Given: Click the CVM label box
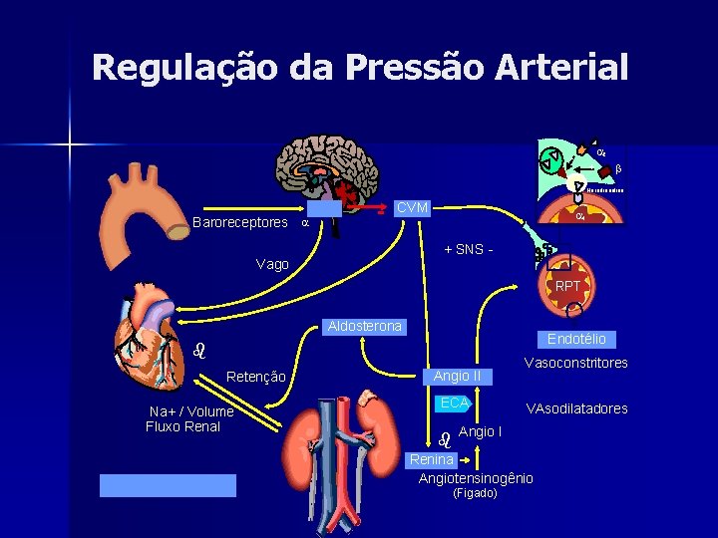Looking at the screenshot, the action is coord(412,208).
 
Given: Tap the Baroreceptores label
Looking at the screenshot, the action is coord(239,222).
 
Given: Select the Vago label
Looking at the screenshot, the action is coord(272,264).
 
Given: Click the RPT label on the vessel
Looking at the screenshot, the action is coord(567,286).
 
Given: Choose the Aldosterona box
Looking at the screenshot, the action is coord(362,327).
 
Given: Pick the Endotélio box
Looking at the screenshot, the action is coord(576,339).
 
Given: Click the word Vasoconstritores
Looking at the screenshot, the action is coord(576,363).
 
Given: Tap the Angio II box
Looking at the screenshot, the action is coord(457,376).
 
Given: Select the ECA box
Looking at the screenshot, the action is coord(454,403).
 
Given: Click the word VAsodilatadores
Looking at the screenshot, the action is coord(577,408).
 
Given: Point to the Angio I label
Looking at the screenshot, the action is coord(481,431).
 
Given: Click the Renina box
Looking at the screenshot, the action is coord(432,459).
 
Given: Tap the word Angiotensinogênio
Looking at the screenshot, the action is coord(476,478).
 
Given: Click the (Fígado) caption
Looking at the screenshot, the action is coord(475,493).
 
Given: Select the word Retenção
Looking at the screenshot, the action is coord(256,377).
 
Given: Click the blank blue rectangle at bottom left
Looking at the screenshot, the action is coord(168,485).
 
